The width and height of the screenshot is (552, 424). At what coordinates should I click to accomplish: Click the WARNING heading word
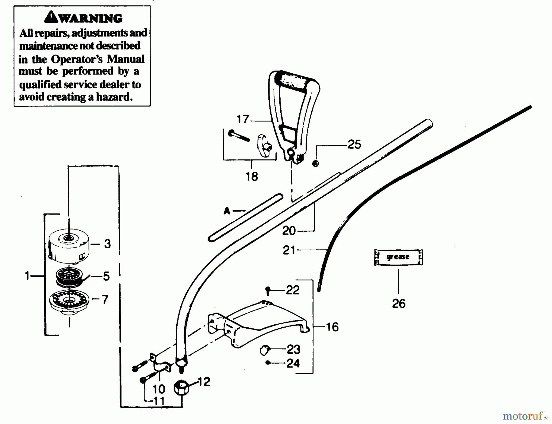pyautogui.click(x=90, y=18)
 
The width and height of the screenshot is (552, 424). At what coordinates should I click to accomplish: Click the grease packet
pyautogui.click(x=398, y=257)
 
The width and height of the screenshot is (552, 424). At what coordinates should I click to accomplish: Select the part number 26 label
pyautogui.click(x=399, y=303)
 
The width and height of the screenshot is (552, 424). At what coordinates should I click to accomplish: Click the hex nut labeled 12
pyautogui.click(x=181, y=388)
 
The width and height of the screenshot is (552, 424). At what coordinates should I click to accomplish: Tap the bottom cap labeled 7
pyautogui.click(x=69, y=301)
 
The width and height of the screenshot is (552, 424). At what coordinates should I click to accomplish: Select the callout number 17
pyautogui.click(x=243, y=119)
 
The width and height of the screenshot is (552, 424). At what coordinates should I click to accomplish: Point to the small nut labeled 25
pyautogui.click(x=315, y=164)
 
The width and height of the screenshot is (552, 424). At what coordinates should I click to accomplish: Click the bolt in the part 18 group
pyautogui.click(x=239, y=135)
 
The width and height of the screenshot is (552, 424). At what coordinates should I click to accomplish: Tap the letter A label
pyautogui.click(x=227, y=211)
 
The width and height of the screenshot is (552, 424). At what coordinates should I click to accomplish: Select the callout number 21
pyautogui.click(x=289, y=250)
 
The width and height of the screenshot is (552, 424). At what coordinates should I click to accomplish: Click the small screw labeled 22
pyautogui.click(x=268, y=290)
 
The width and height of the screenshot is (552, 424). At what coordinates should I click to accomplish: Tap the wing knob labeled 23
pyautogui.click(x=264, y=349)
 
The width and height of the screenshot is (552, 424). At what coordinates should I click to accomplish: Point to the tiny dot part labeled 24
pyautogui.click(x=268, y=363)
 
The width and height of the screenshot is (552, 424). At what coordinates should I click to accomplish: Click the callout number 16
pyautogui.click(x=332, y=327)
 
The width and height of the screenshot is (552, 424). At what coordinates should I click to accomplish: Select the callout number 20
pyautogui.click(x=289, y=231)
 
